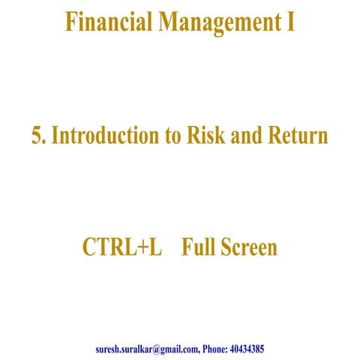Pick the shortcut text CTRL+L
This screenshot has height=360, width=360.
coord(121,247)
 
